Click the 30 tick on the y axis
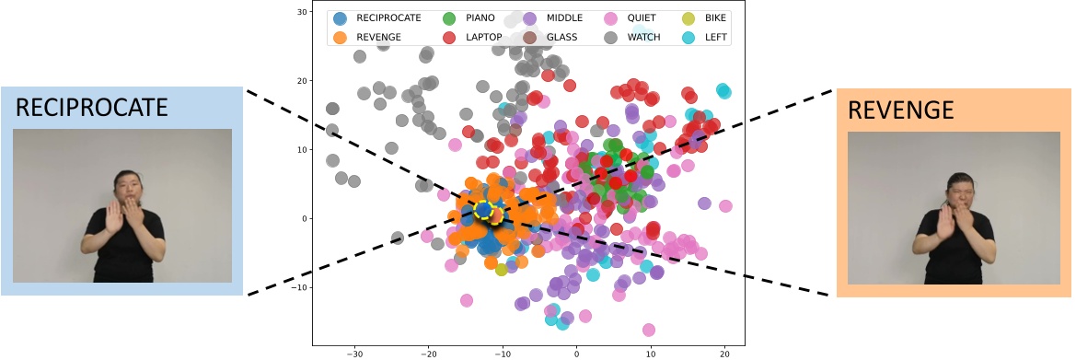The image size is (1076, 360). point(301,12)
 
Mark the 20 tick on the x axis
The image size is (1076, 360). point(724,353)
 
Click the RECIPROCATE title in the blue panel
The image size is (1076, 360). point(92,107)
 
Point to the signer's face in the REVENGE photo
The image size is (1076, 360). point(957,192)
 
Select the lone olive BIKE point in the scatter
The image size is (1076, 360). point(502,269)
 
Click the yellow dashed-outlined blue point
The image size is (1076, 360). point(484,210)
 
